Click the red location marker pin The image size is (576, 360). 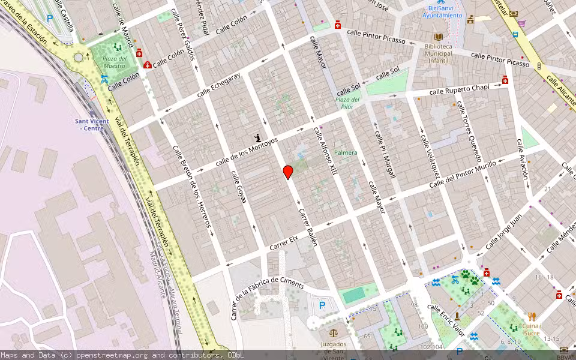(288, 172)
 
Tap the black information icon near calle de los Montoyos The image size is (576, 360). (258, 138)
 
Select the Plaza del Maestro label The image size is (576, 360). (114, 62)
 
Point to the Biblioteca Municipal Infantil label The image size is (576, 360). (438, 53)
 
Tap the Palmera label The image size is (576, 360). (346, 152)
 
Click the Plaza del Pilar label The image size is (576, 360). (347, 103)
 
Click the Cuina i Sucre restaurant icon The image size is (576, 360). (532, 316)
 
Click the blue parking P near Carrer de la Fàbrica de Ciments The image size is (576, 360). (322, 305)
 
